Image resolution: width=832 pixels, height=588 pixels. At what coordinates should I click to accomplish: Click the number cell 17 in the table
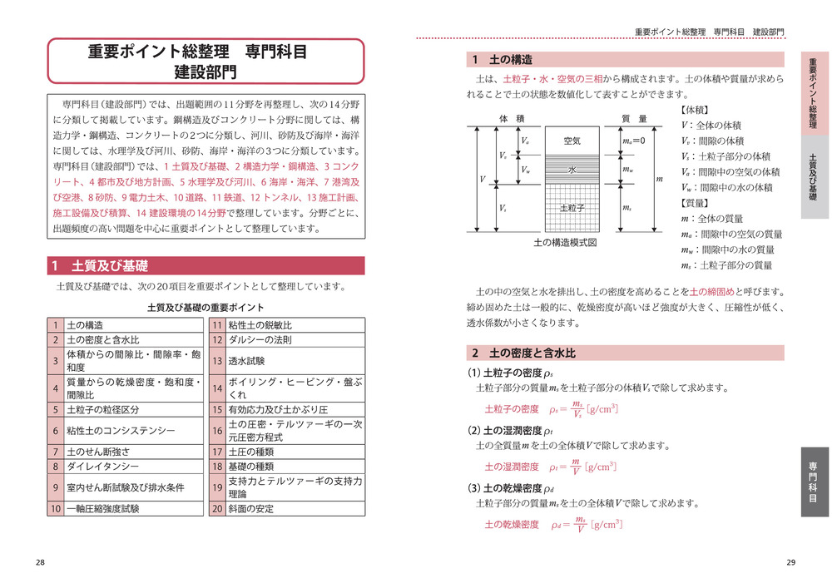point(216,452)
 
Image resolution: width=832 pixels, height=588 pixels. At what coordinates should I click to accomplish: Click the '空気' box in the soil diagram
point(572,141)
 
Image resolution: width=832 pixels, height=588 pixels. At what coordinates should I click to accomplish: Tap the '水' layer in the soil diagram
point(572,170)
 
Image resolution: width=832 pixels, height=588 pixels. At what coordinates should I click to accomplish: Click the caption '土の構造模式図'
point(566,244)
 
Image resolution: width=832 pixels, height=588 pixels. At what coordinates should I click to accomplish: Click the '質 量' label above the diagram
point(634,119)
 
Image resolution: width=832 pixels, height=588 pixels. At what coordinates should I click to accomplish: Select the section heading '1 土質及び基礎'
point(206,267)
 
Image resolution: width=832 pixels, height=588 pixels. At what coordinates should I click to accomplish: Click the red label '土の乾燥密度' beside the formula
point(512,525)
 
